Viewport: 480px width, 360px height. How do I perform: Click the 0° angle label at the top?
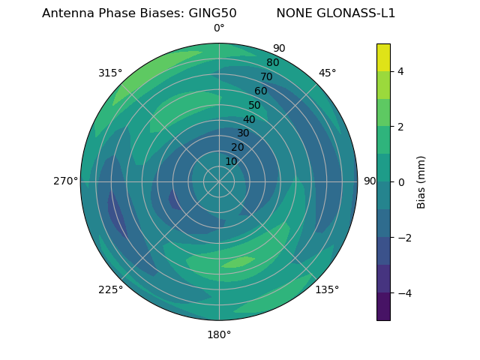[219, 28]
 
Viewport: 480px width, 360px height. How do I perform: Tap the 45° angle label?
[327, 73]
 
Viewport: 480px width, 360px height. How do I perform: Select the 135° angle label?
[327, 289]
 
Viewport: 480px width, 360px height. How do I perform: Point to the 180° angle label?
[219, 334]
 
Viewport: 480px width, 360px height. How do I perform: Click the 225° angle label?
[110, 289]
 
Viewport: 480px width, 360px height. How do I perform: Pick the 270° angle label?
[65, 181]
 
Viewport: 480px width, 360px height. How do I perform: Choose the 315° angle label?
[110, 73]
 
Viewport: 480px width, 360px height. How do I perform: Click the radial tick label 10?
[231, 161]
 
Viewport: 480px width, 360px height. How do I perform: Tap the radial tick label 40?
[249, 119]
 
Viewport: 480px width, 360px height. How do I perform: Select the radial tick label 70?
[266, 76]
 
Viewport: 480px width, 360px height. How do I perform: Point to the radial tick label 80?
[272, 62]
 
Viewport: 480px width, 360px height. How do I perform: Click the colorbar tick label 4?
[400, 71]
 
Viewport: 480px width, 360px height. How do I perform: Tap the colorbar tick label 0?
[400, 182]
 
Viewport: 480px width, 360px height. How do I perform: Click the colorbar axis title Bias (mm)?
[421, 182]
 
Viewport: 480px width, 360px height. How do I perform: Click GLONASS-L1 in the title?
[358, 13]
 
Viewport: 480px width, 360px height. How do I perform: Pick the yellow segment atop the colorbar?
[383, 57]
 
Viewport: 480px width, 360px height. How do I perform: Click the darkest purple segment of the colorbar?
[383, 307]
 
